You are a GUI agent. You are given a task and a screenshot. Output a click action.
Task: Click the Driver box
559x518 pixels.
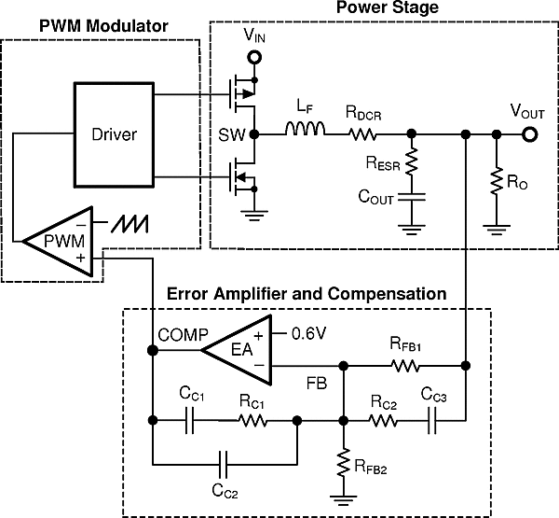point(116,133)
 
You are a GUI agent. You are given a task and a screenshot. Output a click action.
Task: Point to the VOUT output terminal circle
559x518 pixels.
point(530,134)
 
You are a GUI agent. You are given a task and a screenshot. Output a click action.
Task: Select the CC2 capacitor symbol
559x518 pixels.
point(222,463)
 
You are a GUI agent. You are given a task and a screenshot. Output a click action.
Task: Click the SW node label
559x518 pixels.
point(236,134)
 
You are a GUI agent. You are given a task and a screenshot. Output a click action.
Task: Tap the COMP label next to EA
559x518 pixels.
point(177,334)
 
